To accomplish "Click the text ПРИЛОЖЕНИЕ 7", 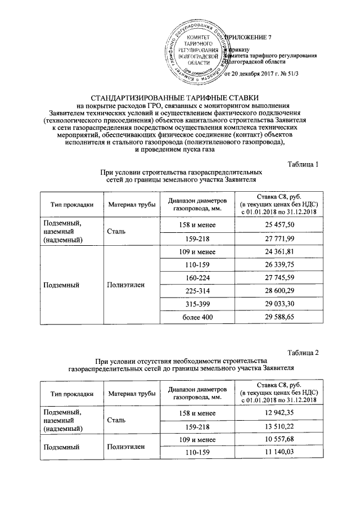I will [x=247, y=37].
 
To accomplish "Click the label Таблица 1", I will [x=303, y=164].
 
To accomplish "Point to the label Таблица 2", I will [x=303, y=353].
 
